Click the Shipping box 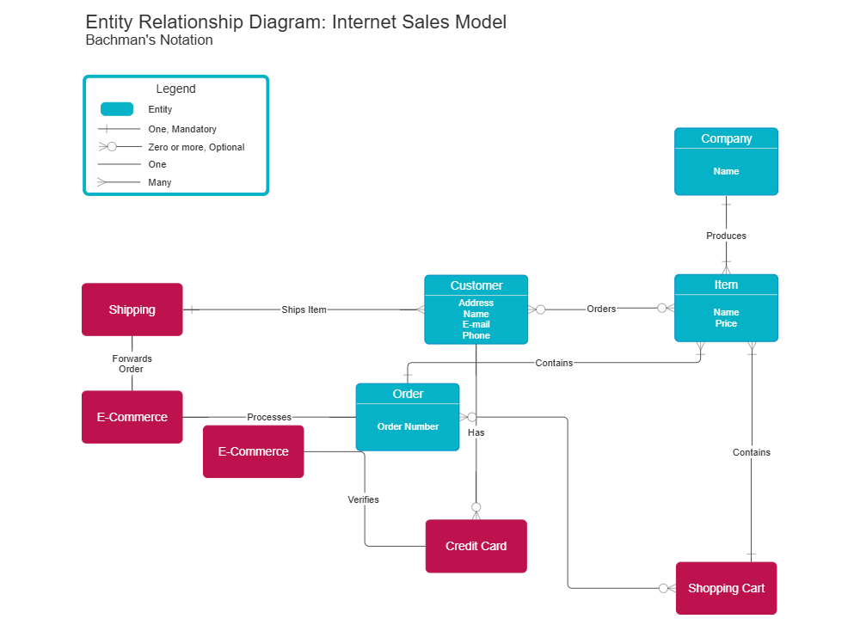point(132,309)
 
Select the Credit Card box point(476,546)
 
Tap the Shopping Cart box point(726,588)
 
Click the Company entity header point(726,138)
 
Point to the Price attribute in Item point(726,323)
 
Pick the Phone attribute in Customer point(476,335)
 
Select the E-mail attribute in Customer point(476,324)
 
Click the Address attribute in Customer point(476,303)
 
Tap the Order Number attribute point(408,426)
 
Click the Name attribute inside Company point(726,171)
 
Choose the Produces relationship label point(726,236)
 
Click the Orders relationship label point(601,309)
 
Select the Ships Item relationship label point(304,309)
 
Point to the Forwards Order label point(132,364)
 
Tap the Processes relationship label point(269,417)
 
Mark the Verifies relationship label point(363,499)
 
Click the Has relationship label point(476,432)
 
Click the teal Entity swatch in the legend point(117,109)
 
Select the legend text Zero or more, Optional point(196,147)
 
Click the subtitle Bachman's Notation point(150,40)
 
